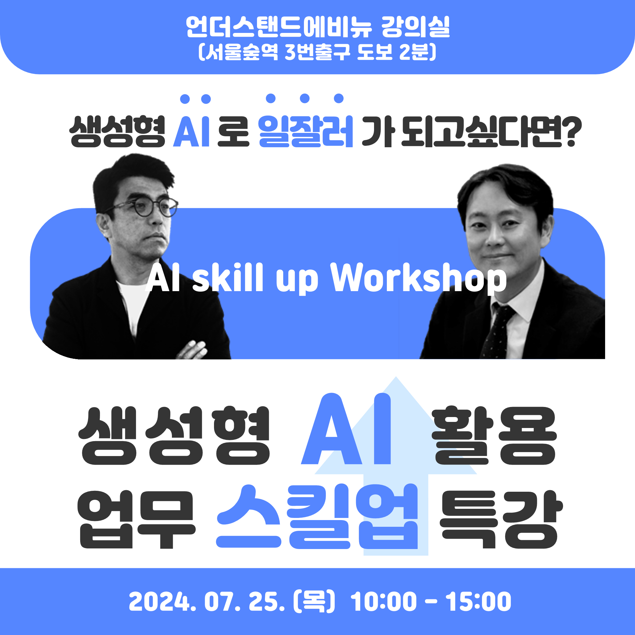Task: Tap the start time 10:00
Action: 384,602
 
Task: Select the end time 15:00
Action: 479,602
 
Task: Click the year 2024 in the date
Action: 162,602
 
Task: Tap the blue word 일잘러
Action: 306,131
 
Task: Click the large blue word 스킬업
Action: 317,517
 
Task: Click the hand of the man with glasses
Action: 193,350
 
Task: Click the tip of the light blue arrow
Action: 396,377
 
